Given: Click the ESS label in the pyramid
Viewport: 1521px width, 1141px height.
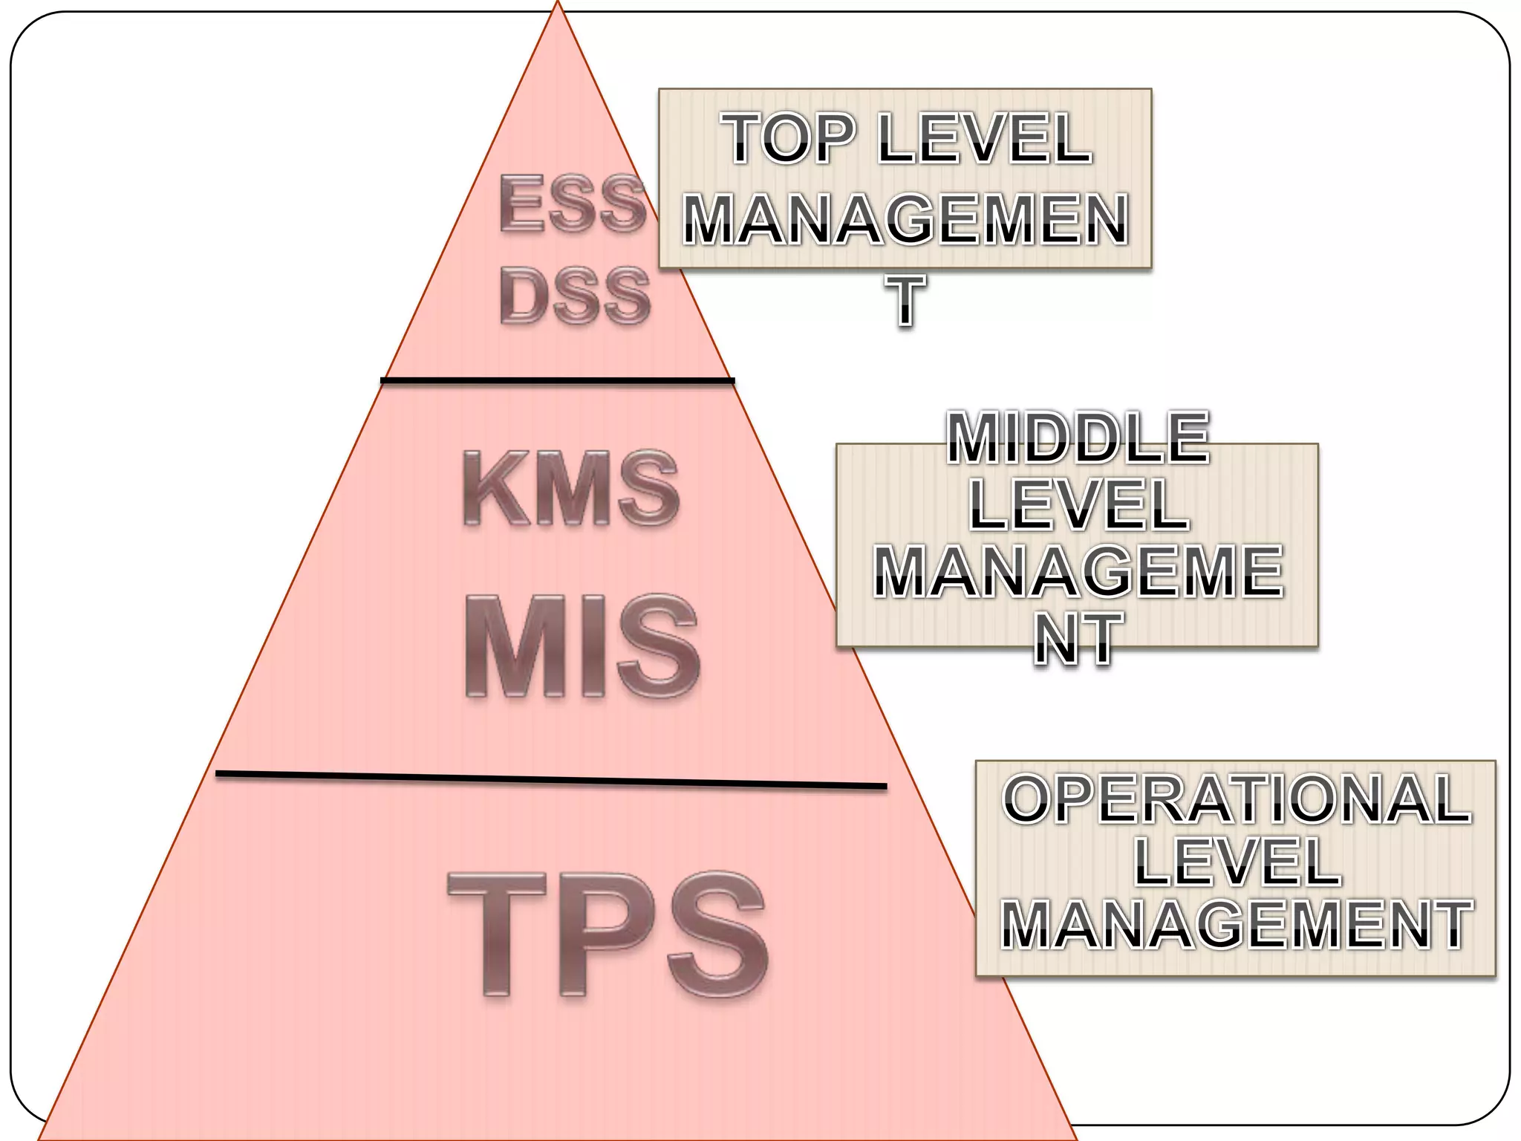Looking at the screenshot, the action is (572, 203).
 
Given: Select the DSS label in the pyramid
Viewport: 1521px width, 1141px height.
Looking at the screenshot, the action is (576, 296).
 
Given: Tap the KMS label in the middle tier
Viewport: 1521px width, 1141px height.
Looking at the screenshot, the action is (570, 489).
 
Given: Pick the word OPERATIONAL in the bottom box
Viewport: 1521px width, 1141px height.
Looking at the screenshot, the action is (1236, 799).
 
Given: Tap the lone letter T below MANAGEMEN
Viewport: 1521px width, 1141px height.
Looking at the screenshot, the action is (905, 300).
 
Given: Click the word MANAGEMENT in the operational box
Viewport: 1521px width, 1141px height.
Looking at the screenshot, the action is (1236, 925).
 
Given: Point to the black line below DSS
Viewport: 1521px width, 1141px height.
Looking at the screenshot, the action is (557, 381).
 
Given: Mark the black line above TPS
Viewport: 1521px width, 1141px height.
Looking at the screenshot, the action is (551, 779).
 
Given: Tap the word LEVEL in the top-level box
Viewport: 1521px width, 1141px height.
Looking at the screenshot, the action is (984, 139).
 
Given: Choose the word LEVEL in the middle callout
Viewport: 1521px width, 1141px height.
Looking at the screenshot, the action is (1078, 505).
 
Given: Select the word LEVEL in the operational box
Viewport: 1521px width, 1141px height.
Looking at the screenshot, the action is (1237, 862).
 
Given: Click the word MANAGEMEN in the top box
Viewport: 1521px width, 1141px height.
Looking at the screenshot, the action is (905, 220).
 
